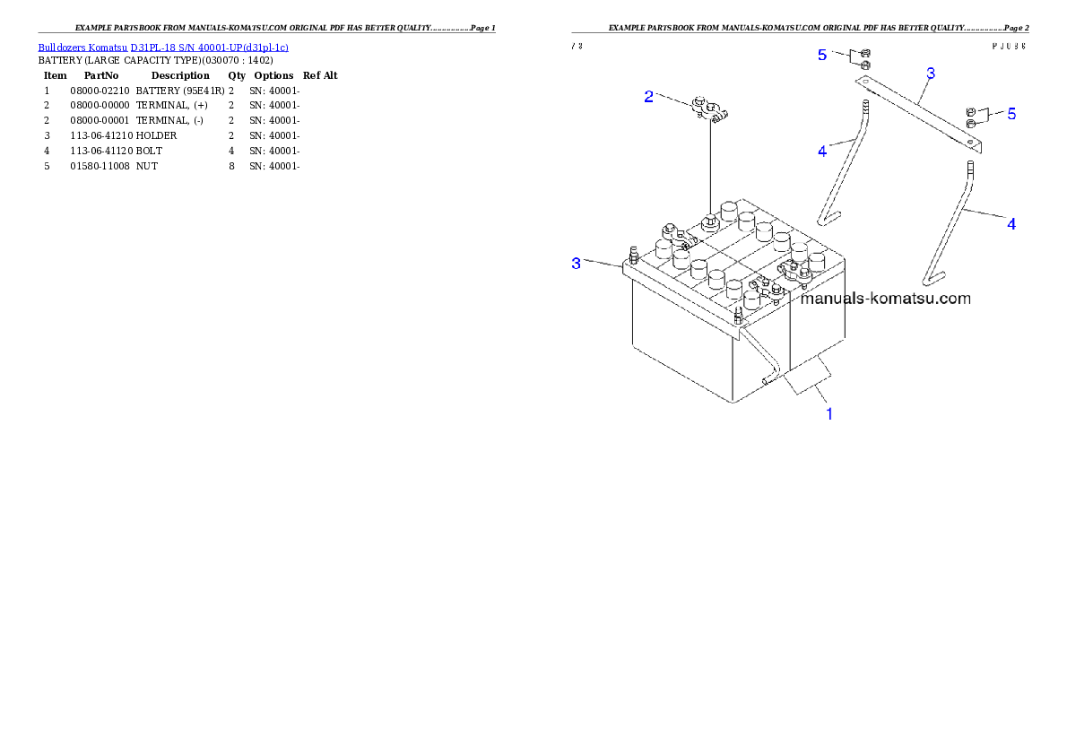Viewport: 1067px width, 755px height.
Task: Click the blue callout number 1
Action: [829, 414]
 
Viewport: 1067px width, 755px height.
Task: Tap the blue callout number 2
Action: [649, 97]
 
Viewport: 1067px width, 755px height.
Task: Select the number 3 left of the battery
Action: [577, 264]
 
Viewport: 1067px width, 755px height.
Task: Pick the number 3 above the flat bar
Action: [931, 74]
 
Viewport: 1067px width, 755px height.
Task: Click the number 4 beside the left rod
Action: [822, 152]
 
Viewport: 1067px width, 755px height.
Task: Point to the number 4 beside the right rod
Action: [1011, 224]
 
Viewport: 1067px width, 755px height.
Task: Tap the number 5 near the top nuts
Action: [822, 56]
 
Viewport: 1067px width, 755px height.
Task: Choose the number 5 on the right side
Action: [1011, 114]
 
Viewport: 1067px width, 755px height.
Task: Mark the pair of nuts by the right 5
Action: [971, 117]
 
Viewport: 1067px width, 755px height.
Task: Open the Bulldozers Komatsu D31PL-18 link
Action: [163, 47]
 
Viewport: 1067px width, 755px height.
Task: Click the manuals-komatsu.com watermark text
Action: [885, 299]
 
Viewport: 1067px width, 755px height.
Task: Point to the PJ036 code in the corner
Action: [1009, 46]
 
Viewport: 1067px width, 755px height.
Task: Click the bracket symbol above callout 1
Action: [811, 380]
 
